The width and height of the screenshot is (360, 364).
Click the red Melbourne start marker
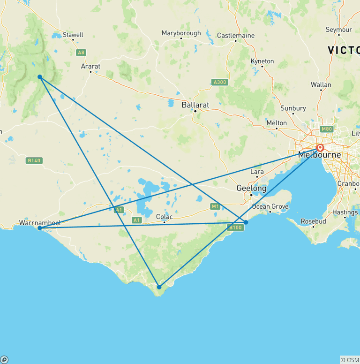(x=320, y=148)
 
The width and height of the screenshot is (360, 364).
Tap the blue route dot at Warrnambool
(x=40, y=228)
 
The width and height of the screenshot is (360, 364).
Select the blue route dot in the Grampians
(x=40, y=77)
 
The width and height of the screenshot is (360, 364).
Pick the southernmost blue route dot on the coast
(x=159, y=287)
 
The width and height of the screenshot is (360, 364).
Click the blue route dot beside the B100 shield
(x=246, y=222)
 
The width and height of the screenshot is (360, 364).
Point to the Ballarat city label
(x=195, y=105)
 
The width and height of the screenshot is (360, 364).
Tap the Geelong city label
(x=251, y=188)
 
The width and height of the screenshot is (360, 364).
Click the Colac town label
(x=164, y=217)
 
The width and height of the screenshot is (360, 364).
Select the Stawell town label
(x=73, y=35)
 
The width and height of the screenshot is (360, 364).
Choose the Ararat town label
(x=90, y=67)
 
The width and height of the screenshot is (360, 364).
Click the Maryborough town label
(x=181, y=33)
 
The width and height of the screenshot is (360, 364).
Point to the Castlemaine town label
(x=236, y=36)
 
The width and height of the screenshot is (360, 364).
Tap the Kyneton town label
(x=262, y=61)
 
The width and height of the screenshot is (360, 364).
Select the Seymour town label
(x=338, y=30)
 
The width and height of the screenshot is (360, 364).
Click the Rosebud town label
(x=314, y=221)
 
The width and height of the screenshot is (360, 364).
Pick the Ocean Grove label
(x=270, y=206)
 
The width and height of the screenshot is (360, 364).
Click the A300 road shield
(x=219, y=82)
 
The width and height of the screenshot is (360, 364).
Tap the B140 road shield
(x=34, y=160)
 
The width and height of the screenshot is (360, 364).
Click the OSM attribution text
(x=350, y=360)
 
